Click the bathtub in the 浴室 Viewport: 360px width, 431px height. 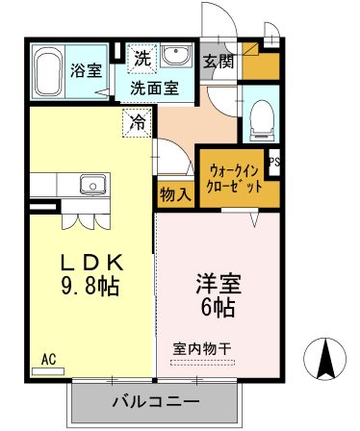click(48, 72)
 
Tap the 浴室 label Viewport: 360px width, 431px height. click(86, 70)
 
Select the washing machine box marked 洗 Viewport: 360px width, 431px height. click(142, 59)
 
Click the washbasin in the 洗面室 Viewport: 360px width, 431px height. click(176, 55)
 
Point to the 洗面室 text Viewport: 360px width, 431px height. click(154, 89)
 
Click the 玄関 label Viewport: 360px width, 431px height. click(219, 61)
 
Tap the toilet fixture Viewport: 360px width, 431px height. click(263, 120)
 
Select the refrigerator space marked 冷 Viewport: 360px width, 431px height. click(137, 123)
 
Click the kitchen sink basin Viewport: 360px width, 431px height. click(92, 185)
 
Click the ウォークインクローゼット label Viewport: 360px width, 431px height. click(234, 179)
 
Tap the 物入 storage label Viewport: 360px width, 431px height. click(176, 194)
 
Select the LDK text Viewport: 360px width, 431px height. click(92, 263)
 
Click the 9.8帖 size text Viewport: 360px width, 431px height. click(90, 285)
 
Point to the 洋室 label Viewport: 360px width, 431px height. click(219, 284)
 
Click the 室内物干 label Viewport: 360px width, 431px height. click(202, 349)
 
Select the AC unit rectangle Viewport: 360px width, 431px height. click(48, 371)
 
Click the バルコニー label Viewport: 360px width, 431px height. click(156, 401)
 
